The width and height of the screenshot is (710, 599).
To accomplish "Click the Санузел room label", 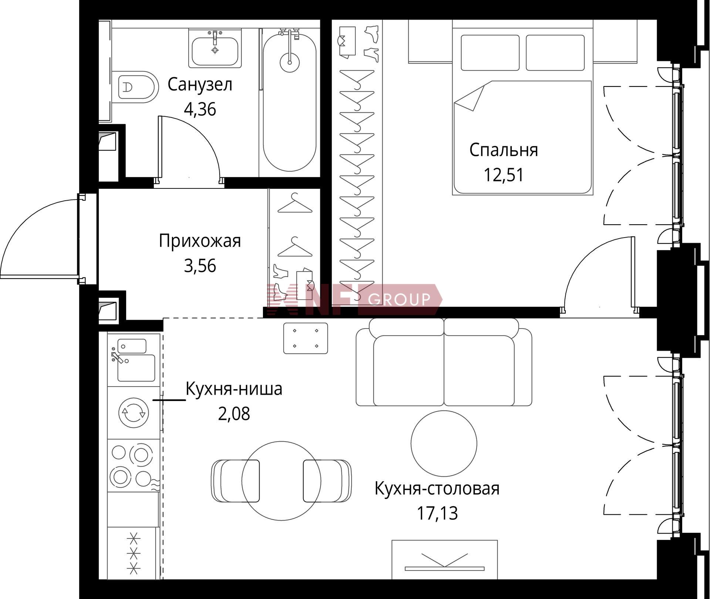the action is click(x=200, y=85).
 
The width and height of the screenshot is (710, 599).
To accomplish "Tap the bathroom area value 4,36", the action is click(x=200, y=109).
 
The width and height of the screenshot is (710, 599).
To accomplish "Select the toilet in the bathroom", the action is click(x=135, y=87).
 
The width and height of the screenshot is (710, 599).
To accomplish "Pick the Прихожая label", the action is click(x=200, y=241).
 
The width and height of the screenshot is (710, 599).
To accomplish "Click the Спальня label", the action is click(x=504, y=150).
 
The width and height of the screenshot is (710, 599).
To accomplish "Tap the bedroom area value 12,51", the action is click(x=504, y=175).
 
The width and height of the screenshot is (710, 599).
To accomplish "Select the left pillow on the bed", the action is click(x=490, y=52).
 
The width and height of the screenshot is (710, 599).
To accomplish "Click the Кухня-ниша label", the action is click(x=234, y=389).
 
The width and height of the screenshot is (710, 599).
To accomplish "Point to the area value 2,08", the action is click(x=234, y=414).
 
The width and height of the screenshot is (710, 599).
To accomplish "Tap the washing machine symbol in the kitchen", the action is click(x=133, y=412).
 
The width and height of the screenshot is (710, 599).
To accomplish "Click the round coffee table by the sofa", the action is click(x=444, y=443).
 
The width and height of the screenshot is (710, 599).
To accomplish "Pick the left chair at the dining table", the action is click(x=235, y=481).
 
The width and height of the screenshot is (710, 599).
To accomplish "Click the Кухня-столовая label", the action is click(x=437, y=489).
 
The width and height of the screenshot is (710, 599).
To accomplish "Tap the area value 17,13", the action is click(x=437, y=513).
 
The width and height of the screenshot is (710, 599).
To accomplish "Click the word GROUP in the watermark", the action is click(x=399, y=299).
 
